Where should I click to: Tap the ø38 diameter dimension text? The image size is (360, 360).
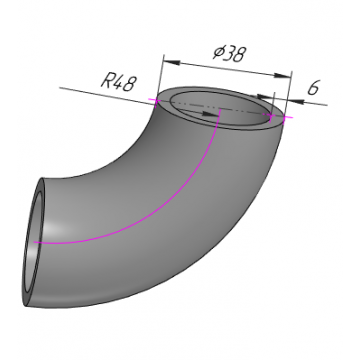click(230, 53)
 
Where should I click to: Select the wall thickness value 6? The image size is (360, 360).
click(313, 88)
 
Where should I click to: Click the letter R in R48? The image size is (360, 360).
click(106, 80)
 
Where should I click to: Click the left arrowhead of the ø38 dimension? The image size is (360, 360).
click(172, 62)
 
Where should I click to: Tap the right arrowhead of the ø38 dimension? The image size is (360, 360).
click(282, 76)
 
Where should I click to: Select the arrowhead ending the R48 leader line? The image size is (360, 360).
click(211, 114)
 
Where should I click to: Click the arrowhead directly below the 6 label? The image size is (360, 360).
click(296, 100)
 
